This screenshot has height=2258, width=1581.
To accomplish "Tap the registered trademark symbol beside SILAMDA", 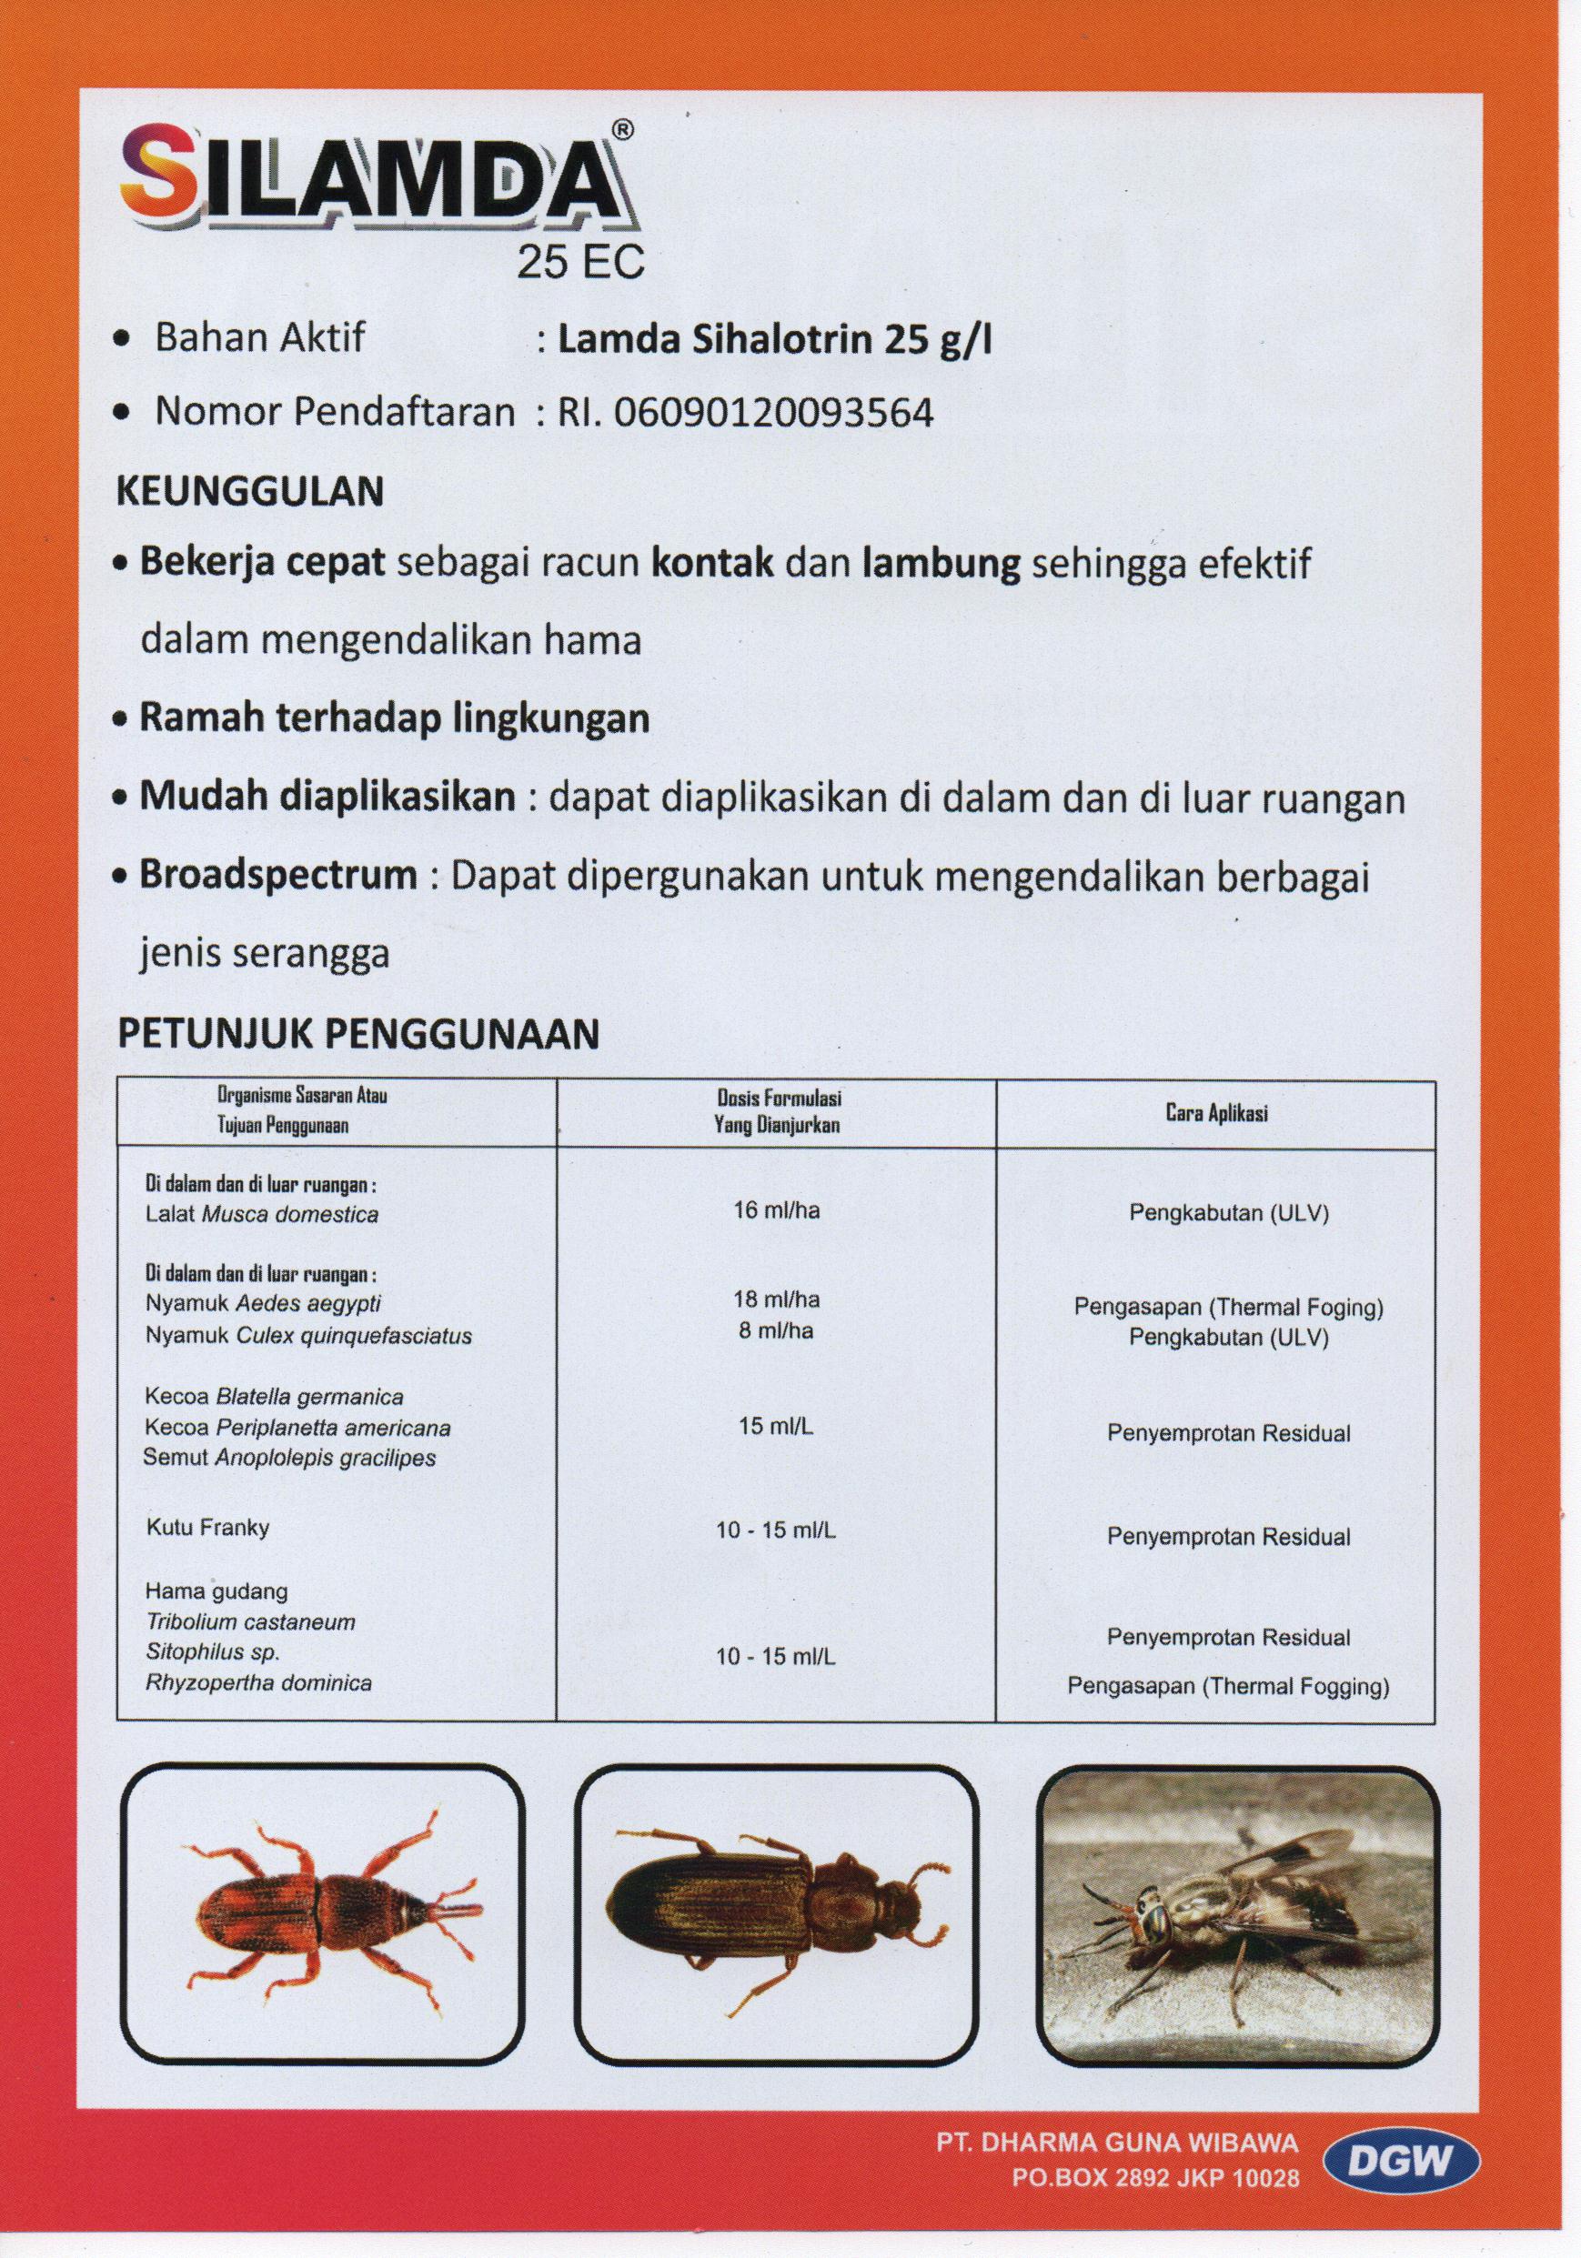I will [x=623, y=129].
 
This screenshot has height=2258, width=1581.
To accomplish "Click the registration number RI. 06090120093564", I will [x=746, y=414].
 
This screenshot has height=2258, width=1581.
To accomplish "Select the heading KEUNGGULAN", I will [x=250, y=492].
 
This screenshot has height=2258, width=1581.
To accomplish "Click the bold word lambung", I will [x=941, y=565].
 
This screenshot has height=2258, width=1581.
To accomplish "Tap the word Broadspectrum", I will [x=278, y=874].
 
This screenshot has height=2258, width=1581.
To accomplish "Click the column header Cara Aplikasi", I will [x=1217, y=1113].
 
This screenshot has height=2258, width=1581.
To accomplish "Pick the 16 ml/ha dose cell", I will [x=775, y=1210].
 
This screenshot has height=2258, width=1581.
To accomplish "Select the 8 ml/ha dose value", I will [x=775, y=1331].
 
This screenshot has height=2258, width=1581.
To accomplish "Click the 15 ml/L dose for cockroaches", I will [x=775, y=1426].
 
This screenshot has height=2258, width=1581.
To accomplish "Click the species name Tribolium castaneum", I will [x=250, y=1622].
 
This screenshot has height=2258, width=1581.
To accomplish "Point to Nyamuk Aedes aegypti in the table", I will [x=263, y=1304].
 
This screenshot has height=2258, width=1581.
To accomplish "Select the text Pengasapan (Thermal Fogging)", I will [x=1228, y=1688].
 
